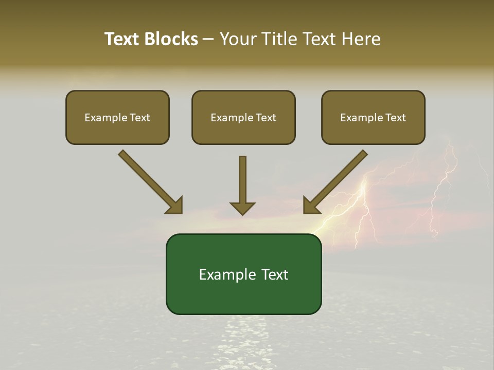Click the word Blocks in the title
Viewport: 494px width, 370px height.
point(172,39)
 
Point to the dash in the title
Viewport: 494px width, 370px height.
point(208,40)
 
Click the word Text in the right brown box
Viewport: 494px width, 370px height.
point(395,118)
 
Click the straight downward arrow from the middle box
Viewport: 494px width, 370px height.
point(242,180)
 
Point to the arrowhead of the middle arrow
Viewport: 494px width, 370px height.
point(242,209)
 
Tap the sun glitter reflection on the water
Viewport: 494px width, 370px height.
point(242,334)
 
